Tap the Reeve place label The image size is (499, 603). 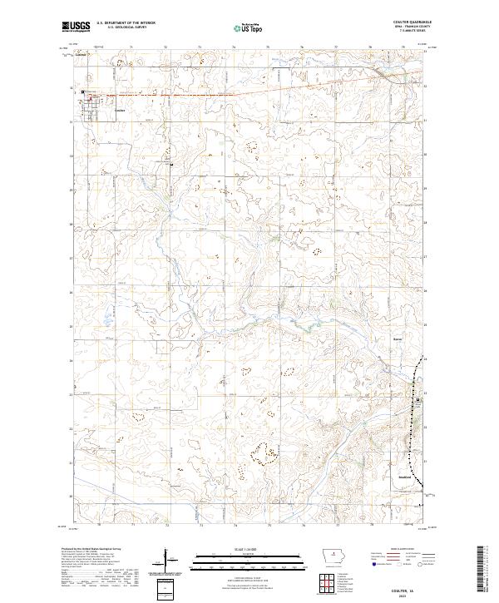398,339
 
